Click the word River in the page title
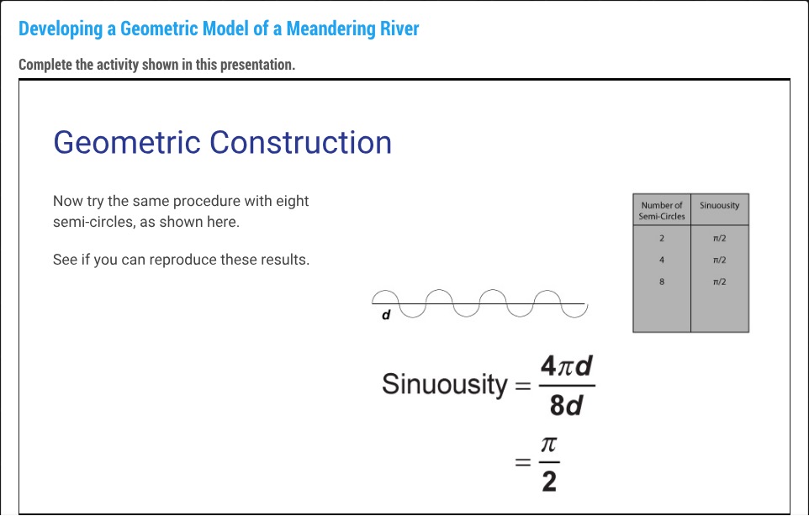click(x=399, y=29)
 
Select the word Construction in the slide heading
click(x=301, y=142)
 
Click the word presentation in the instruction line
click(x=256, y=65)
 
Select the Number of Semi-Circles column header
click(x=662, y=210)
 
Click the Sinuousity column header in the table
click(x=719, y=205)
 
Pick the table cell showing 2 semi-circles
click(x=662, y=238)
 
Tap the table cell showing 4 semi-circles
click(x=662, y=260)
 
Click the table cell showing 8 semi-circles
click(x=662, y=282)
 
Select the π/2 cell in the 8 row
click(x=719, y=282)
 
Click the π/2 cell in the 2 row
click(x=719, y=238)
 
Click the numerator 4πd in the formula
click(x=567, y=366)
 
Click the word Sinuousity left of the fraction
click(x=444, y=385)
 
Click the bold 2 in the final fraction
click(x=548, y=482)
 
